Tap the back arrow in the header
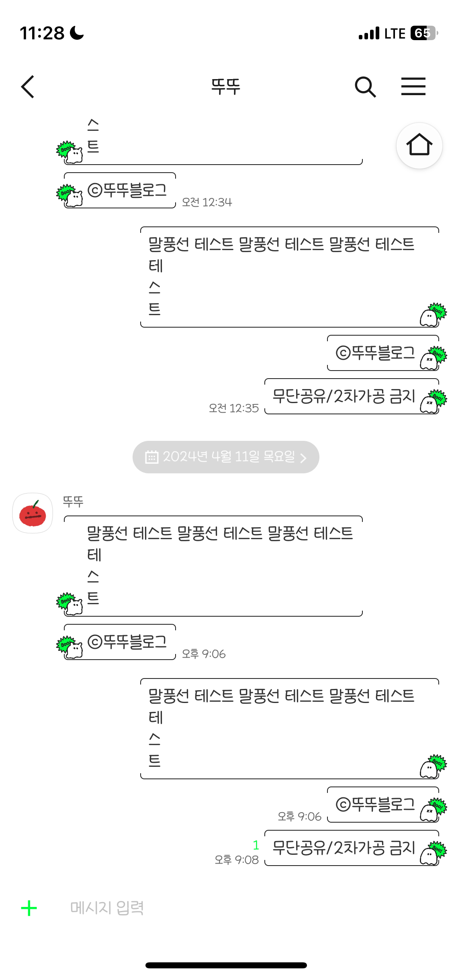coord(27,87)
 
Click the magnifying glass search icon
coord(365,87)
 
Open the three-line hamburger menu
coord(413,87)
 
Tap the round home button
coord(419,145)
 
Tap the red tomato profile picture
coord(33,513)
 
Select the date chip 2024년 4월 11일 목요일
coord(226,457)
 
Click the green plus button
coord(29,908)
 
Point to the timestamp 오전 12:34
coord(207,202)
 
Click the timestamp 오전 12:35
coord(234,408)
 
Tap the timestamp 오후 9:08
coord(237,860)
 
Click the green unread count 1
coord(256,845)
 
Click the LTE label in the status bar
coord(395,33)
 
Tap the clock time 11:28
coord(42,33)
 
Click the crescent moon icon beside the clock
coord(77,33)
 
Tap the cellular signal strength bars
coord(369,33)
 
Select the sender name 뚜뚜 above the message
coord(73,501)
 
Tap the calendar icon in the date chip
coord(151,457)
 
